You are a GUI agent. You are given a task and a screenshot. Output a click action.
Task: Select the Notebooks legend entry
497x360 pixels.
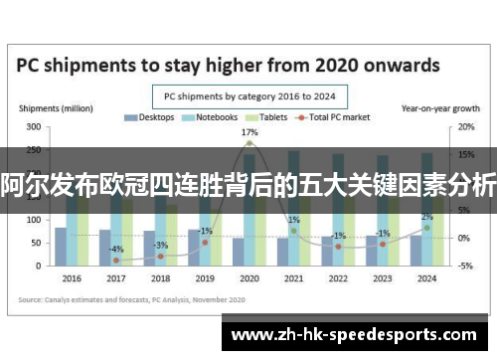tap(211, 116)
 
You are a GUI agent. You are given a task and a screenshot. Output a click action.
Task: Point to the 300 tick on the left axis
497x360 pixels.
tap(34, 127)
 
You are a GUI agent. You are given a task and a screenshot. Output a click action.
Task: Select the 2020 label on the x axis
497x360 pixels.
tap(249, 277)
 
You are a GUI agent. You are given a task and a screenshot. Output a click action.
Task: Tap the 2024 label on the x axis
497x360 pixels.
tap(426, 277)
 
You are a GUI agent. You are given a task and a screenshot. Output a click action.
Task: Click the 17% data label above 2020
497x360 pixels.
tap(249, 131)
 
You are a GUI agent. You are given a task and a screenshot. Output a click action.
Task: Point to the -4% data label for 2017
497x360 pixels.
tap(116, 249)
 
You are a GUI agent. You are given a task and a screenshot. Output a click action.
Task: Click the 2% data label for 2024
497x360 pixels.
tap(426, 217)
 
